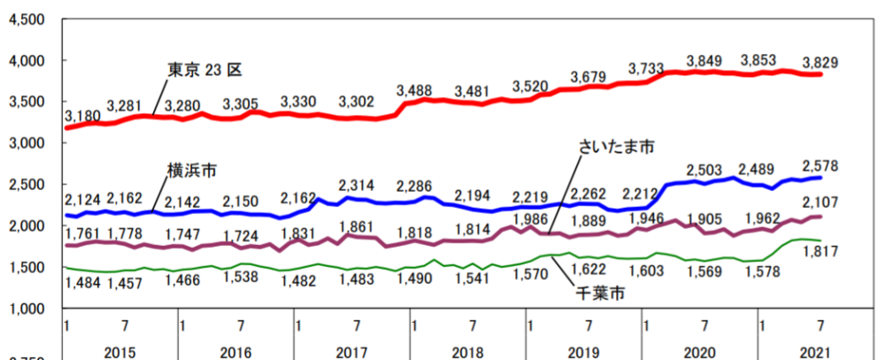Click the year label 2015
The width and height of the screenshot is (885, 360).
pyautogui.click(x=120, y=352)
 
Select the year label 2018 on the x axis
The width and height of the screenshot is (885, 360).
pyautogui.click(x=468, y=352)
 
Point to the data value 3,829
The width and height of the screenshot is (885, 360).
pyautogui.click(x=832, y=63)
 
